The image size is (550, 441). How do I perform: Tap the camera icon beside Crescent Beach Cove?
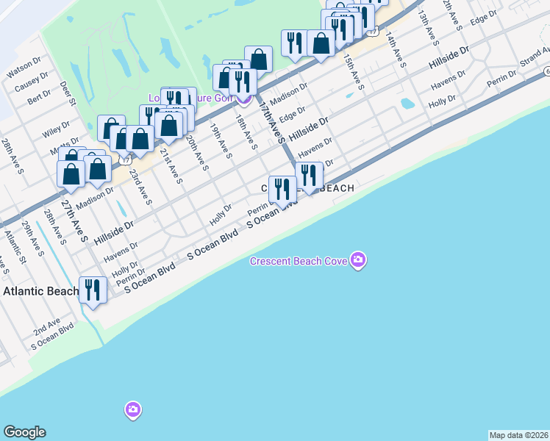358,260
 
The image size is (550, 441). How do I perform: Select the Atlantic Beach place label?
40,291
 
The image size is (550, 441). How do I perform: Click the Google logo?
24,432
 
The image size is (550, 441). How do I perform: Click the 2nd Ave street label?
46,325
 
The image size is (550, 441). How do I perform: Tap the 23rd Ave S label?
140,188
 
